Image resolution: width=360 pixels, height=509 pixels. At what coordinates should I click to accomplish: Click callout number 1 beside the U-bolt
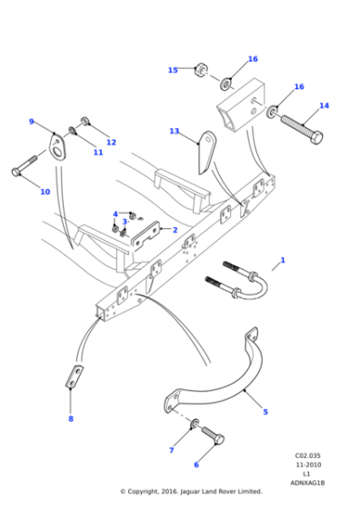(283, 260)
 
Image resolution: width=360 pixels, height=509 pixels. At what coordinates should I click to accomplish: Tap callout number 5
(265, 412)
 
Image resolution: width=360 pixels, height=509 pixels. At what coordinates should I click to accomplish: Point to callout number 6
(195, 464)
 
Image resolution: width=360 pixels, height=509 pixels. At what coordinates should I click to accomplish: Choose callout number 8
(71, 418)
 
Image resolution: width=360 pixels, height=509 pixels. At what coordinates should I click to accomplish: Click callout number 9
(31, 122)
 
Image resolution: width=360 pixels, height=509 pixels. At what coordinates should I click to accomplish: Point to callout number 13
(175, 132)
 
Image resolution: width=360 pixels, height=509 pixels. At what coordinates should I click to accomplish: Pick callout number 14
(324, 106)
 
